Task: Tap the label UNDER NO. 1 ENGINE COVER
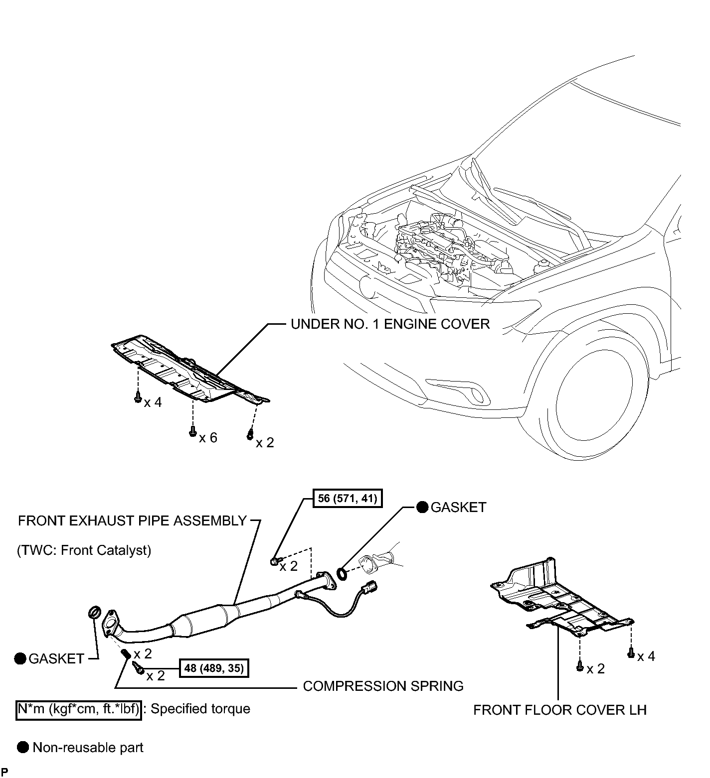[390, 324]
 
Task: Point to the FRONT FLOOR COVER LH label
[560, 710]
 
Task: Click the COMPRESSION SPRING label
[383, 686]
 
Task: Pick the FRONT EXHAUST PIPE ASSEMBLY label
[133, 521]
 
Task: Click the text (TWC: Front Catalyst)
[84, 550]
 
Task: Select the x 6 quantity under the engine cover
[208, 438]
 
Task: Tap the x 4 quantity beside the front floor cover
[646, 656]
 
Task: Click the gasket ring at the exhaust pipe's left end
[95, 612]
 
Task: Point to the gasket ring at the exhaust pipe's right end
[343, 573]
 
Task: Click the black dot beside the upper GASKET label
[423, 508]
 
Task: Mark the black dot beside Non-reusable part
[23, 747]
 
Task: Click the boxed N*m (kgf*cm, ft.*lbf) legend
[78, 708]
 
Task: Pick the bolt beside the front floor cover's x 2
[580, 666]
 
